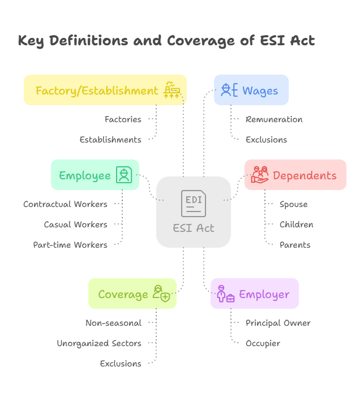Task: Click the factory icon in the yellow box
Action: pos(172,90)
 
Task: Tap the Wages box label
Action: pos(260,90)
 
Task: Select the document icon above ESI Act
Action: pos(193,204)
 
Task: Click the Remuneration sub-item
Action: pos(274,119)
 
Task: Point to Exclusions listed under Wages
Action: pos(266,140)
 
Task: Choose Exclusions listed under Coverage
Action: pos(121,364)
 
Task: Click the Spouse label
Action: pos(293,204)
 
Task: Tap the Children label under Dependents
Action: pos(296,225)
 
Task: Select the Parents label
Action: pos(294,245)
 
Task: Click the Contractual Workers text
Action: pos(65,204)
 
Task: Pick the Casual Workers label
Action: pos(75,225)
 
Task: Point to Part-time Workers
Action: pos(70,245)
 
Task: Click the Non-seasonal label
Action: pos(114,323)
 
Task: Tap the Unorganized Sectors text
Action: pos(99,343)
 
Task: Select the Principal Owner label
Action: pos(278,323)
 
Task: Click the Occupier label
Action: pos(263,343)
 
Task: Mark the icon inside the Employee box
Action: pos(124,175)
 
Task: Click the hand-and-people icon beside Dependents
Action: pos(260,175)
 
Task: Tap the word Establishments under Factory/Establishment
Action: pos(110,140)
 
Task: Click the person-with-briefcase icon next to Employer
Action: pos(225,294)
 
